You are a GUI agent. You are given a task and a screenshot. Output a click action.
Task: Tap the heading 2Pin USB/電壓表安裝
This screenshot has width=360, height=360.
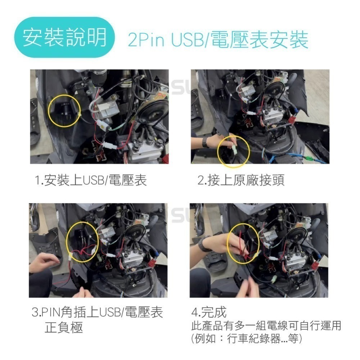pyautogui.click(x=218, y=40)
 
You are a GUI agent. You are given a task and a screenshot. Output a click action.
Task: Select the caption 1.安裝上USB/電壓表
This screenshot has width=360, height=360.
pyautogui.click(x=91, y=180)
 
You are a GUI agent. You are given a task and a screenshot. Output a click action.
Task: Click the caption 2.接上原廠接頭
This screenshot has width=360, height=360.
pyautogui.click(x=241, y=180)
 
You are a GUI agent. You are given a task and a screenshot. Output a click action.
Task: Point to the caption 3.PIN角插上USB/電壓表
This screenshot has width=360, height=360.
pyautogui.click(x=97, y=312)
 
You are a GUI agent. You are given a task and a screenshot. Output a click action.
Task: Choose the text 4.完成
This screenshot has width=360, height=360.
pyautogui.click(x=209, y=312)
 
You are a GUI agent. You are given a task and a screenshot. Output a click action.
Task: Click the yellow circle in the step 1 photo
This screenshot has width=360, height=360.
pyautogui.click(x=64, y=111)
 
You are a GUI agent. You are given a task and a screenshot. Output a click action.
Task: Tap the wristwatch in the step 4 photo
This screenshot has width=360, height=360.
pyautogui.click(x=205, y=244)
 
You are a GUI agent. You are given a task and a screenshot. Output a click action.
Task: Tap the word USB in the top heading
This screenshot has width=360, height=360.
pyautogui.click(x=187, y=40)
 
